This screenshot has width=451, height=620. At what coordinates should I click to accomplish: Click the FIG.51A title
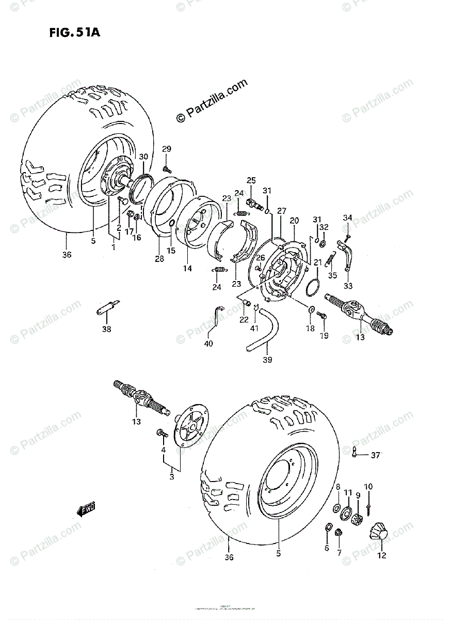(x=74, y=33)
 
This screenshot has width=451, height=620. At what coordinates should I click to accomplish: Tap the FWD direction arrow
(x=87, y=510)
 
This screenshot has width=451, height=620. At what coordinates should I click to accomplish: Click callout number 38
(x=106, y=329)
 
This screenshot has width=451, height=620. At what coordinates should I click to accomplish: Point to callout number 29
(x=166, y=149)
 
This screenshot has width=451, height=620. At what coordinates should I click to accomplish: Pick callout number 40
(x=208, y=344)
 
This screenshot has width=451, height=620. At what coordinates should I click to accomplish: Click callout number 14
(x=187, y=269)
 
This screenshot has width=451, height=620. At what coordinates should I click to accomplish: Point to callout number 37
(x=375, y=455)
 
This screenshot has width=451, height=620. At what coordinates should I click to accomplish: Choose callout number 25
(x=251, y=180)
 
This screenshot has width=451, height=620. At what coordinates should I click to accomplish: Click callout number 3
(x=172, y=477)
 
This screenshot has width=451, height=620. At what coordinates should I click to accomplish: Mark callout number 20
(x=294, y=220)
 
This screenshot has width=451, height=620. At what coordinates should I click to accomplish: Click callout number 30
(x=143, y=157)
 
